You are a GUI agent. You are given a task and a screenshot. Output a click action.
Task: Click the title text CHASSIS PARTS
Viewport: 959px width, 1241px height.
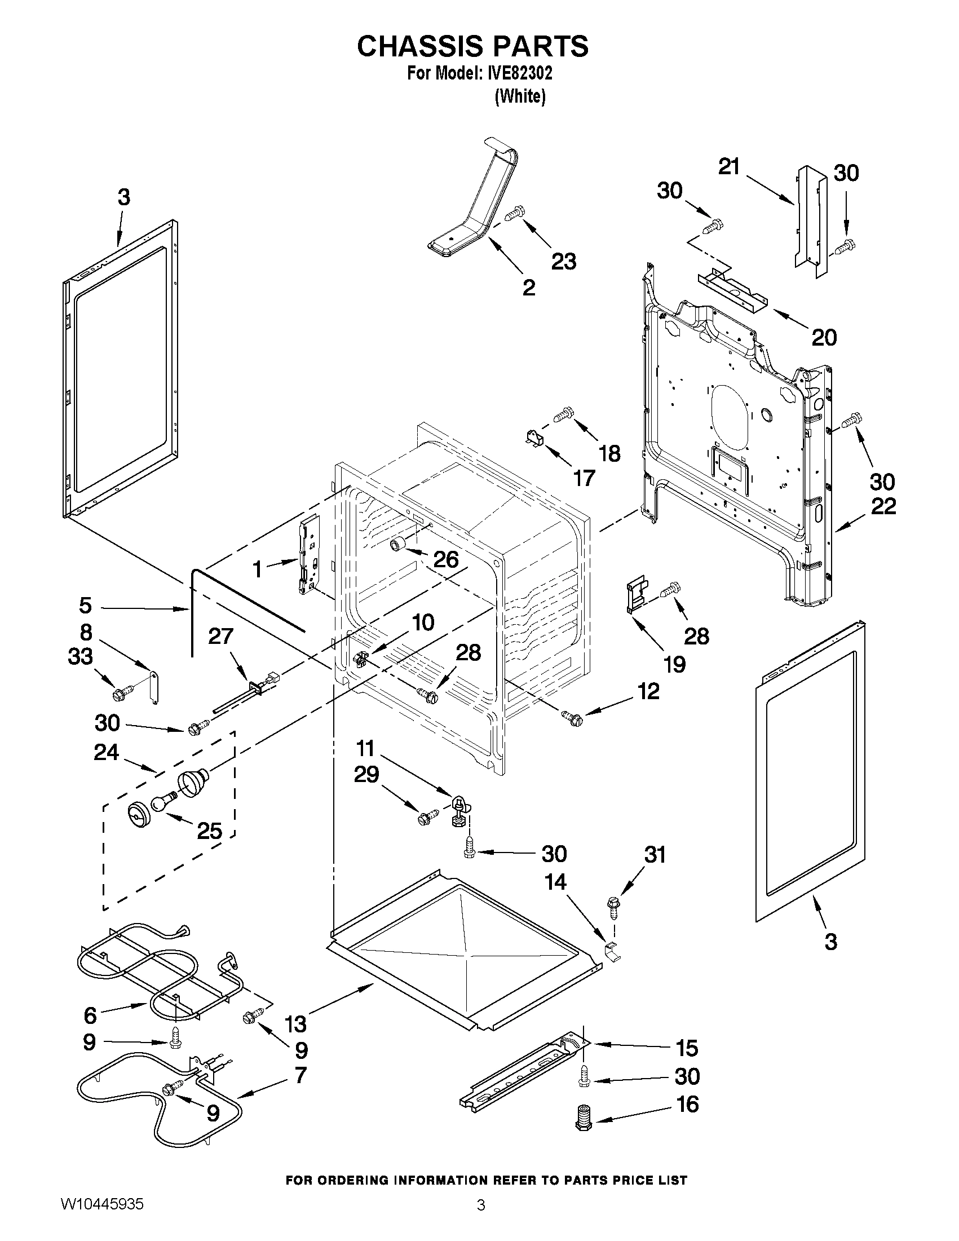click(472, 47)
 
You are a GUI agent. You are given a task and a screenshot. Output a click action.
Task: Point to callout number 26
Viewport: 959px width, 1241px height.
click(445, 559)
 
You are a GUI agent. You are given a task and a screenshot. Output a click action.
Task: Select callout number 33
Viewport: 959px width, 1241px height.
click(80, 656)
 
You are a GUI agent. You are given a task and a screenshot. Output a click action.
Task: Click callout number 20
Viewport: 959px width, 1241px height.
click(824, 338)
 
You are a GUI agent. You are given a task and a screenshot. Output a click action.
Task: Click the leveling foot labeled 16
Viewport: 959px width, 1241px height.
click(584, 1119)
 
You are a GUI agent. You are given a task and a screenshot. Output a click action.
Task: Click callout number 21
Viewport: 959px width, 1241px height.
click(729, 167)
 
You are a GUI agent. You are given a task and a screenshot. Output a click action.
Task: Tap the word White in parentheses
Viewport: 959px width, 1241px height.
click(520, 97)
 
